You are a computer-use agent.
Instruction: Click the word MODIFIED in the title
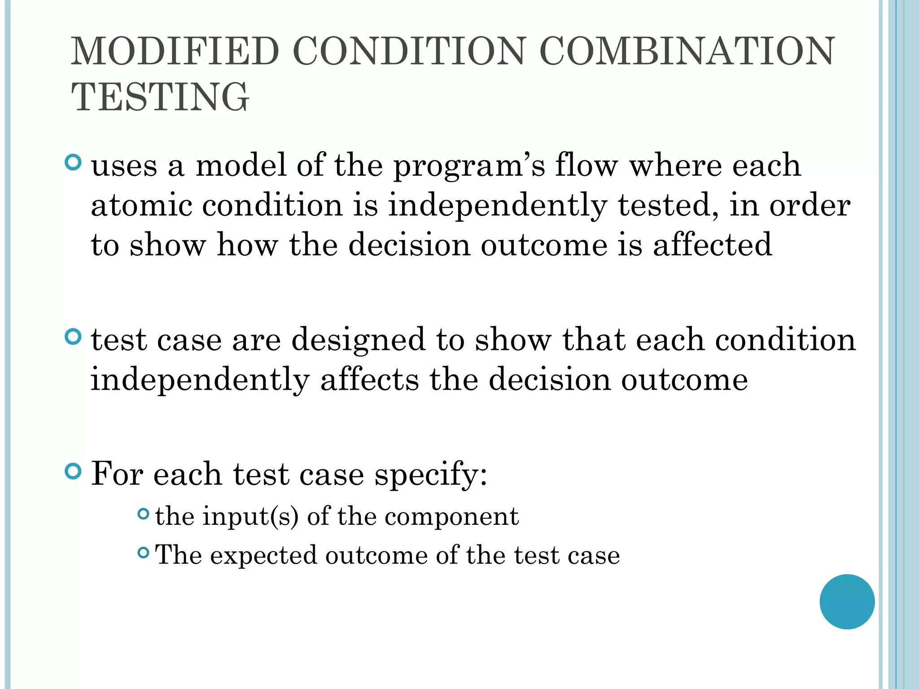pyautogui.click(x=175, y=52)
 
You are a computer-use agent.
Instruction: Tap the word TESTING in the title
pyautogui.click(x=160, y=97)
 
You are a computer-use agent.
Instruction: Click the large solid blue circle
pyautogui.click(x=847, y=602)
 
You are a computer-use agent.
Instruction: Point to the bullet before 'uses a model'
pyautogui.click(x=73, y=162)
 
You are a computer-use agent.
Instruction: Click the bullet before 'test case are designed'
pyautogui.click(x=73, y=337)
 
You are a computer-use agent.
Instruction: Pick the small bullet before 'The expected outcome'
pyautogui.click(x=143, y=553)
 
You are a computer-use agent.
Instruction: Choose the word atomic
pyautogui.click(x=141, y=205)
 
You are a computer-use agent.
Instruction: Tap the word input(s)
pyautogui.click(x=250, y=517)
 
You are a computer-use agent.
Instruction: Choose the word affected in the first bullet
pyautogui.click(x=712, y=245)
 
